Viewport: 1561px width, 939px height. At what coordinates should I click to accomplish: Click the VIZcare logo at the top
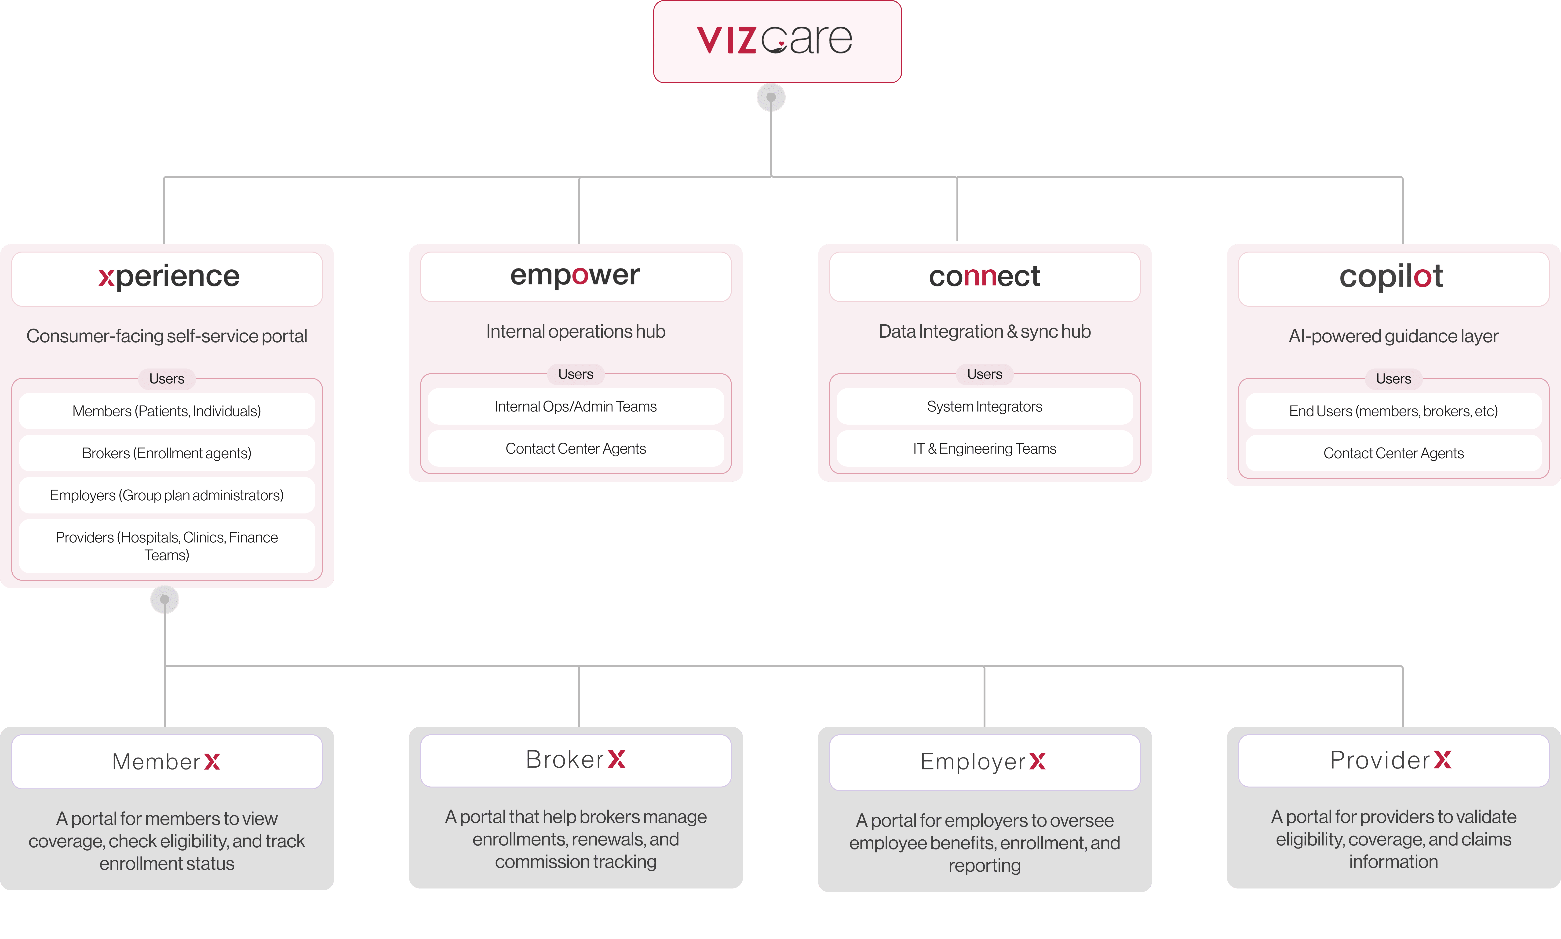tap(777, 40)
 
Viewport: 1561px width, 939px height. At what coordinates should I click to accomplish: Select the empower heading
tap(575, 276)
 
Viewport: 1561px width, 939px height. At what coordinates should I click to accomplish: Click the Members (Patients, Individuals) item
tap(167, 411)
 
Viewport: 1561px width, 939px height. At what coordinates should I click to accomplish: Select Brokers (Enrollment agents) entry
tap(167, 453)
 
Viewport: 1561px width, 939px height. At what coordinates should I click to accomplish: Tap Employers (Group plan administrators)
tap(167, 495)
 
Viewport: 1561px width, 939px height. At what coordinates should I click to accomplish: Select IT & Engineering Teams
tap(984, 449)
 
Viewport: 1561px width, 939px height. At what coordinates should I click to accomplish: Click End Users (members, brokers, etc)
tap(1393, 411)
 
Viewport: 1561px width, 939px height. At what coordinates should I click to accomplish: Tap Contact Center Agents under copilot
tap(1393, 453)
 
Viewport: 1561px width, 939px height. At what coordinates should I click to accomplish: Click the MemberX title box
tap(167, 761)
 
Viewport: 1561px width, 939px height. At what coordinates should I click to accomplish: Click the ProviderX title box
tap(1393, 760)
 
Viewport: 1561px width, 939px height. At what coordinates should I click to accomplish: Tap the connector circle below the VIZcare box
tap(771, 98)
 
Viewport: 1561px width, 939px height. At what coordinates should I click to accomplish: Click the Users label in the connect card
tap(984, 374)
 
